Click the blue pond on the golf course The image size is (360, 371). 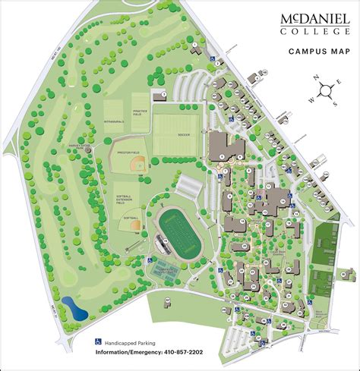tap(74, 307)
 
